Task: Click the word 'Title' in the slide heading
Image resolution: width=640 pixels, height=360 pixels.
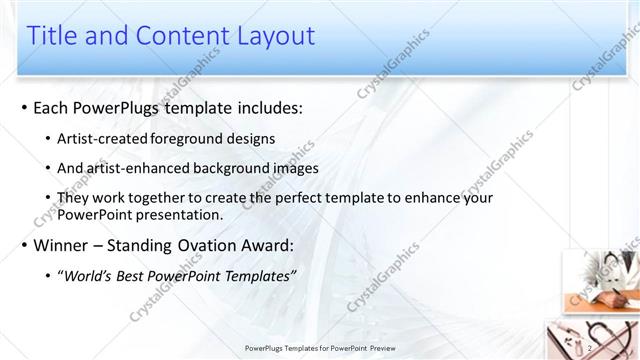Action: point(52,36)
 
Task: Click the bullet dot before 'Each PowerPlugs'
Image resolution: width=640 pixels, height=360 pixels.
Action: point(22,107)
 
